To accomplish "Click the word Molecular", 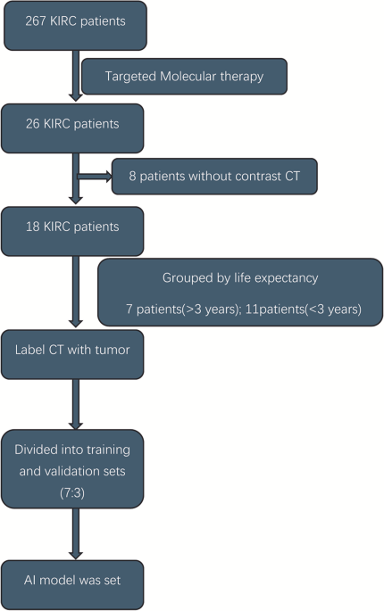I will coord(188,77).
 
